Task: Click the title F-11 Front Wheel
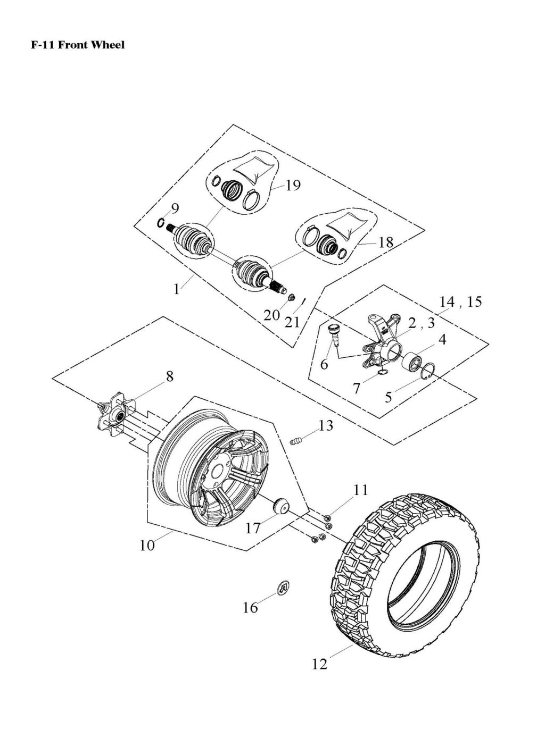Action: point(78,45)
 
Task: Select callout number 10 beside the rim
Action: point(147,546)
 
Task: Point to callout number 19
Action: point(293,185)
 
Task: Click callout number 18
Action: point(385,242)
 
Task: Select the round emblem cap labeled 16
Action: point(285,587)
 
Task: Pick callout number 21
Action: point(292,322)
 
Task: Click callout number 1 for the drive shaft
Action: point(176,289)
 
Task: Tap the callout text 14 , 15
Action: point(460,301)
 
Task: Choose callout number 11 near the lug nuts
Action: point(361,490)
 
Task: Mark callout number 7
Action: point(356,389)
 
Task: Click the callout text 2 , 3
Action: point(422,323)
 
